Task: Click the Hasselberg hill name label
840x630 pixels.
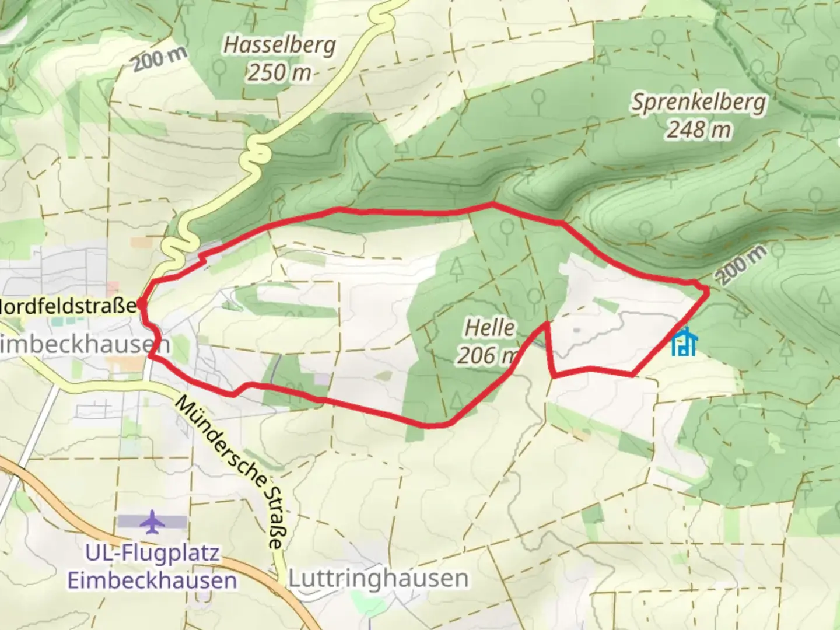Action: [279, 45]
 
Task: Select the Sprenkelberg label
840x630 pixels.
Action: [699, 102]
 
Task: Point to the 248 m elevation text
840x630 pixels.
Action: [699, 129]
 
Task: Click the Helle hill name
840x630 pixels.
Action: [489, 327]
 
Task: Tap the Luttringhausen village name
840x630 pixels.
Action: [379, 578]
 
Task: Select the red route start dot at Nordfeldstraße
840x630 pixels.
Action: [141, 304]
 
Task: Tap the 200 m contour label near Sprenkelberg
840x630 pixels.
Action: [740, 264]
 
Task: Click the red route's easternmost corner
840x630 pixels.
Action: [708, 290]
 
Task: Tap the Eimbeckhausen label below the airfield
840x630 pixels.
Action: [152, 580]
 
